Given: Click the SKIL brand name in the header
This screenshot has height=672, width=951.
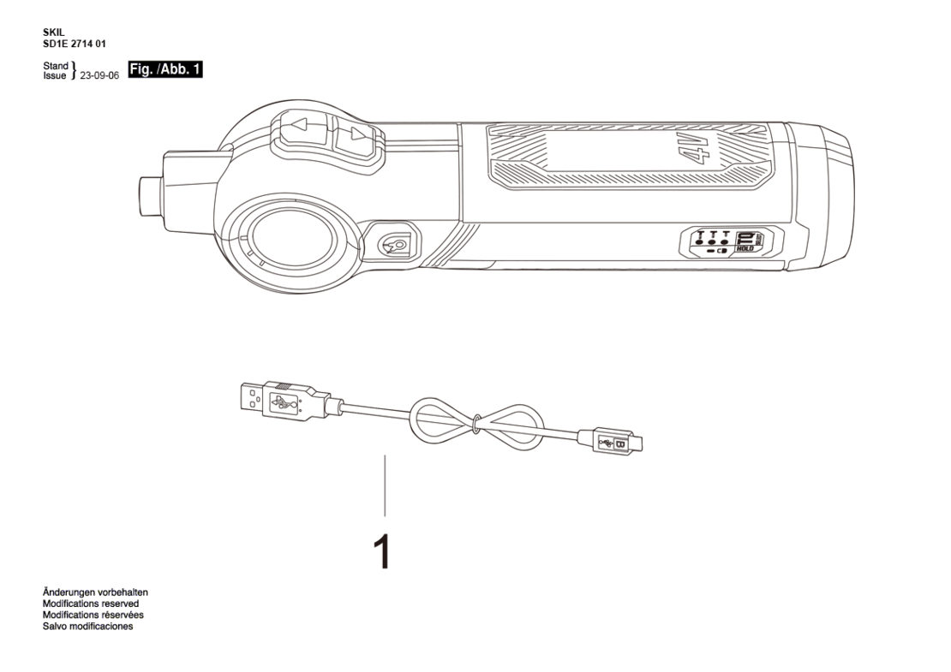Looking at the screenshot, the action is point(53,33).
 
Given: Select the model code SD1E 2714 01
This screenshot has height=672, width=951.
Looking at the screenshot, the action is point(74,44).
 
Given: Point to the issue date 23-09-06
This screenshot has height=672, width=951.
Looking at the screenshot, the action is point(99,75).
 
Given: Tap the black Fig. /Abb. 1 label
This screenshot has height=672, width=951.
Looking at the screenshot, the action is point(165,69).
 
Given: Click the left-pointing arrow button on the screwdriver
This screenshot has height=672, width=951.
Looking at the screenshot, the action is point(302,128).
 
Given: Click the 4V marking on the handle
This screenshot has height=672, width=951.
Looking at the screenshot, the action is point(696,146).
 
